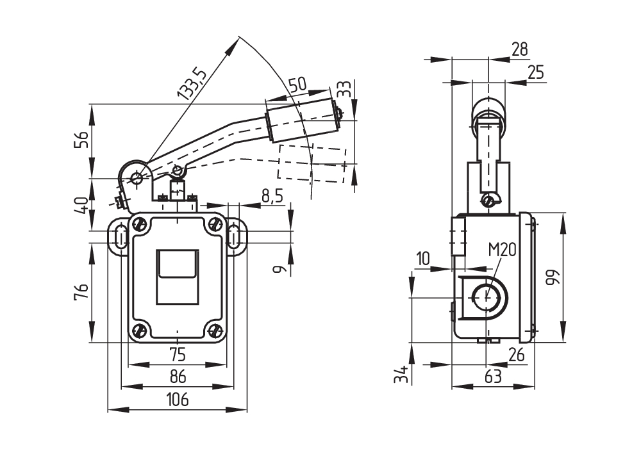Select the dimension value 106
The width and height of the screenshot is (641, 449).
pyautogui.click(x=178, y=400)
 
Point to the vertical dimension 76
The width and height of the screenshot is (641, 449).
pyautogui.click(x=81, y=293)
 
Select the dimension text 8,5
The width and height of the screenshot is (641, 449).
pyautogui.click(x=272, y=197)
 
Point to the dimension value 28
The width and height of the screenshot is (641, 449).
pyautogui.click(x=520, y=49)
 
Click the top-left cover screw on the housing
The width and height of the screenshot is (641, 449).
pyautogui.click(x=139, y=224)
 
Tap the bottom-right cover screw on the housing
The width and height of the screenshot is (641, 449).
pyautogui.click(x=216, y=331)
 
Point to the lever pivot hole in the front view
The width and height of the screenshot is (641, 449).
pyautogui.click(x=137, y=177)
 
